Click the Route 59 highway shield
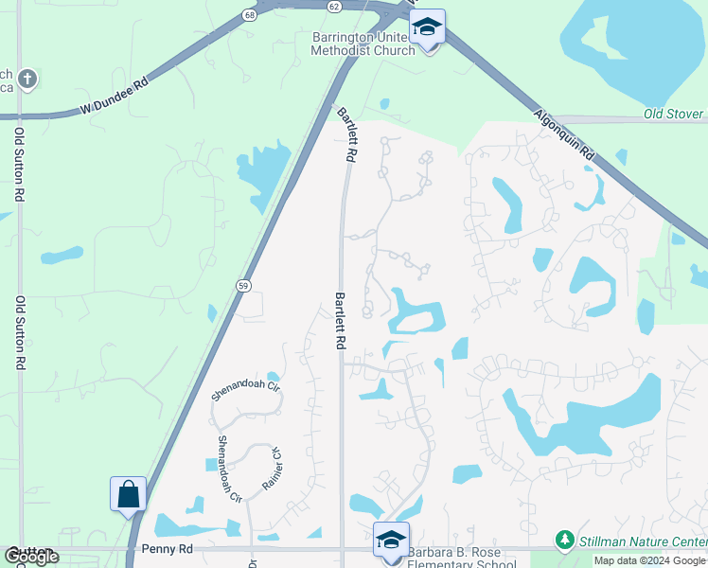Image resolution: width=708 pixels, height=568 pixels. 242,285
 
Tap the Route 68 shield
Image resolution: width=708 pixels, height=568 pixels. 249,15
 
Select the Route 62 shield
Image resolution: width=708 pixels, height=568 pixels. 333,6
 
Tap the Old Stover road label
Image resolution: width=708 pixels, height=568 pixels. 675,115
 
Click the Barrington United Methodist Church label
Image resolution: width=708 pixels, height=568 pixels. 363,44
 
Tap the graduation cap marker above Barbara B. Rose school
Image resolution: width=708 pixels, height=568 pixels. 391,540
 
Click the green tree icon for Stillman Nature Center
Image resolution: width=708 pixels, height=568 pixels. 565,540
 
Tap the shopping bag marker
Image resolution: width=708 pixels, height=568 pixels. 128,494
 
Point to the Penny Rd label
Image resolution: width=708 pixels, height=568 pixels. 167,548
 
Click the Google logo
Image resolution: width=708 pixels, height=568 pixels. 31,557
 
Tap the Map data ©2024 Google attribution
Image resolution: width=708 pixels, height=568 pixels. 648,561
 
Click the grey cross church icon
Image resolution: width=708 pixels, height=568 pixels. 27,79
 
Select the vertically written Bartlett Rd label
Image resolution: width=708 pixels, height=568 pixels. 339,322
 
